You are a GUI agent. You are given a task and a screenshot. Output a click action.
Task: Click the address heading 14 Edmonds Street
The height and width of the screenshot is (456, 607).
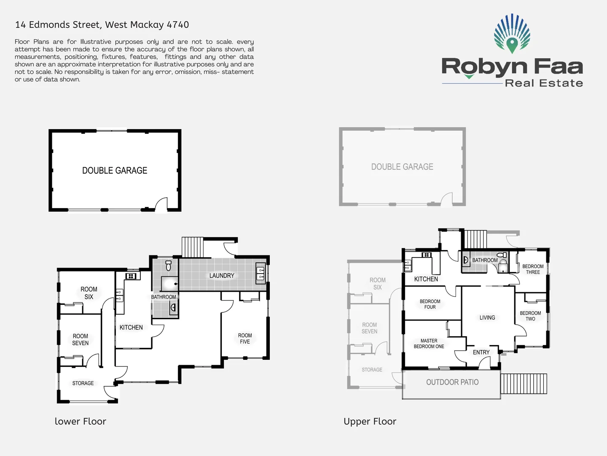[102, 24]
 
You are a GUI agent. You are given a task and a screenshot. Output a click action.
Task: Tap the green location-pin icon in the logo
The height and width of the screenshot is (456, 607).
[512, 44]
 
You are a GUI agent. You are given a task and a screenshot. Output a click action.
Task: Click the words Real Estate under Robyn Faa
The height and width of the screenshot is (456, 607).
[544, 83]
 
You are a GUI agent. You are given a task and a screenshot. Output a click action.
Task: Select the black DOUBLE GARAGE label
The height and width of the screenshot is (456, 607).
[115, 171]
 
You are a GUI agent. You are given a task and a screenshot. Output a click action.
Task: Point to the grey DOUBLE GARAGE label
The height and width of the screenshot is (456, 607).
[402, 167]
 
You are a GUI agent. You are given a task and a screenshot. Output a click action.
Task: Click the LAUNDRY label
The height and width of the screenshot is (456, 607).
[222, 276]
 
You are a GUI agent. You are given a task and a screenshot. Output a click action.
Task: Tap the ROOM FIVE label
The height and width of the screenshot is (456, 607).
[245, 339]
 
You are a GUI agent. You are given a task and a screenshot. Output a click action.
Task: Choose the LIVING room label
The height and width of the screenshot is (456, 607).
[487, 318]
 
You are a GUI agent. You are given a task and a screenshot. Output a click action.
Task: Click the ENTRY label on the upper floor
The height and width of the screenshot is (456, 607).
[481, 352]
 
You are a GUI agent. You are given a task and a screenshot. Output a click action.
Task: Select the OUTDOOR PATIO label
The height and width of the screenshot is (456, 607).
[452, 382]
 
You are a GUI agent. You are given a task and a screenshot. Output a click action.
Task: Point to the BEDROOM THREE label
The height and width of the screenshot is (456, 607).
[533, 269]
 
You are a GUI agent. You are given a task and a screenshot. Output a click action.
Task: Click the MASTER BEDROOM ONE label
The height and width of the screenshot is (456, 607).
[429, 344]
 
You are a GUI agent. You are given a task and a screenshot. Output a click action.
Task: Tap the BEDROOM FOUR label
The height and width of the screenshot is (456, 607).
[430, 304]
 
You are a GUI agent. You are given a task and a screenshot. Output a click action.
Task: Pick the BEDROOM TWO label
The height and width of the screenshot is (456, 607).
[530, 316]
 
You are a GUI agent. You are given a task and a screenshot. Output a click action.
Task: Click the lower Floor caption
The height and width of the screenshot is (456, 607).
[81, 421]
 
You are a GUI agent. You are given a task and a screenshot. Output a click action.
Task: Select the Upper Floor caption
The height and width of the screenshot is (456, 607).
[370, 421]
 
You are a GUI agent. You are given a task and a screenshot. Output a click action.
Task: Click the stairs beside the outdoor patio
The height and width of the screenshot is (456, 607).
[524, 384]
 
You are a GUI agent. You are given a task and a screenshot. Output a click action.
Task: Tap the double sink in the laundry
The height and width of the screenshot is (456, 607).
[261, 274]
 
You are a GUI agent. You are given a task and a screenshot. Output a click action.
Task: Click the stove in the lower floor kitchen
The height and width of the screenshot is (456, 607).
[131, 276]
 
